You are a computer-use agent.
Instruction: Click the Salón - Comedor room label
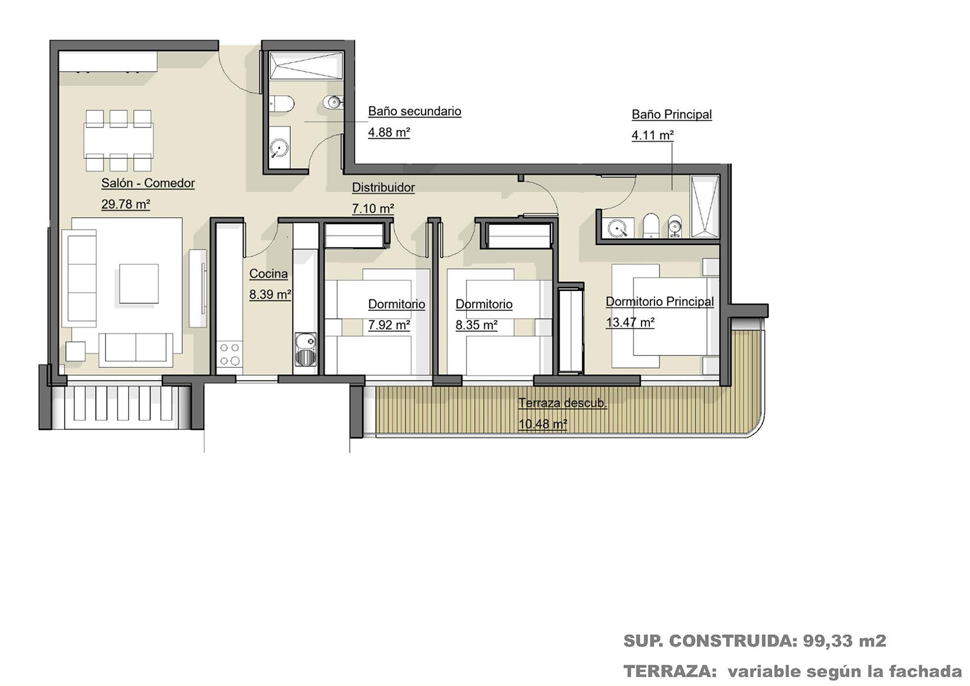point(148,183)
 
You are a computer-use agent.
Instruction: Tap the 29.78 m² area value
point(125,204)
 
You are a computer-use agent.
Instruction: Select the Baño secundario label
point(415,111)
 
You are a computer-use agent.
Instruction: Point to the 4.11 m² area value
point(652,135)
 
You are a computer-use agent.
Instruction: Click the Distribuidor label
point(383,188)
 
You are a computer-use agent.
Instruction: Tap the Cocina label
point(268,273)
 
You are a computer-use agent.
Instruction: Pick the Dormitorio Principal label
point(660,301)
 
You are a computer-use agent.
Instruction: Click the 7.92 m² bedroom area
point(389,325)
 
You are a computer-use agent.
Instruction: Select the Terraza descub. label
point(563,403)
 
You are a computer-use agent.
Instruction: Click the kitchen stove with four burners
point(230,354)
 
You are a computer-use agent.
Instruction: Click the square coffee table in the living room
point(139,284)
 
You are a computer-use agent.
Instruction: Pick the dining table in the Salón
point(118,141)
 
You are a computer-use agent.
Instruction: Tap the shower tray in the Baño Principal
point(705,207)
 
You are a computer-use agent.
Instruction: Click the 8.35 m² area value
point(477,325)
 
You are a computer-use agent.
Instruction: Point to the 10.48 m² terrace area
point(543,424)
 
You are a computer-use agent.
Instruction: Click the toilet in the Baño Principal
point(651,226)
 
